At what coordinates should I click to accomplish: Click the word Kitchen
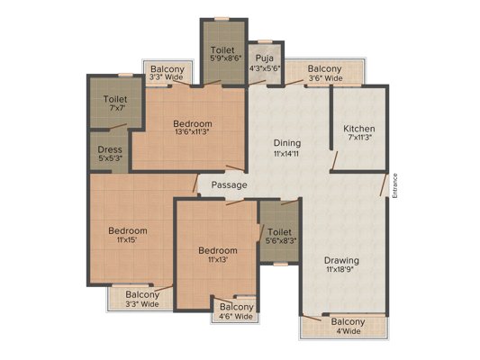pyautogui.click(x=358, y=129)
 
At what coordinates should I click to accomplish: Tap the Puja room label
pyautogui.click(x=265, y=58)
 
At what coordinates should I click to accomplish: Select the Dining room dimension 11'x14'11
pyautogui.click(x=286, y=154)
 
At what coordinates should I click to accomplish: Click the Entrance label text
pyautogui.click(x=395, y=185)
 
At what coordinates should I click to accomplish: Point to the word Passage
pyautogui.click(x=230, y=185)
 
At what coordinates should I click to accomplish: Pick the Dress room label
pyautogui.click(x=110, y=149)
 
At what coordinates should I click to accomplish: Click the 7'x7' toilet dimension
pyautogui.click(x=118, y=108)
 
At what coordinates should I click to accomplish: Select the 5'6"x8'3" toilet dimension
pyautogui.click(x=281, y=240)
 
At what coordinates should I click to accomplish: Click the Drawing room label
pyautogui.click(x=341, y=261)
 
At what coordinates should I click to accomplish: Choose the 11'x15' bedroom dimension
pyautogui.click(x=127, y=239)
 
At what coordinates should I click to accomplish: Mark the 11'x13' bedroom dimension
pyautogui.click(x=218, y=260)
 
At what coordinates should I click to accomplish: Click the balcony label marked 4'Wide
pyautogui.click(x=349, y=331)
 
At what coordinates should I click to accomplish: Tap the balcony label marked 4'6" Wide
pyautogui.click(x=236, y=316)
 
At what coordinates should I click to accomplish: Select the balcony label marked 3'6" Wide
pyautogui.click(x=325, y=78)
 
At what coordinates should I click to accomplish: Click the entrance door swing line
pyautogui.click(x=383, y=185)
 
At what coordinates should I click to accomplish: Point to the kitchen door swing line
pyautogui.click(x=334, y=161)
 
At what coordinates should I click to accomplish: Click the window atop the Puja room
pyautogui.click(x=265, y=41)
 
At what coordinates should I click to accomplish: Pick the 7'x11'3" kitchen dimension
pyautogui.click(x=359, y=138)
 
